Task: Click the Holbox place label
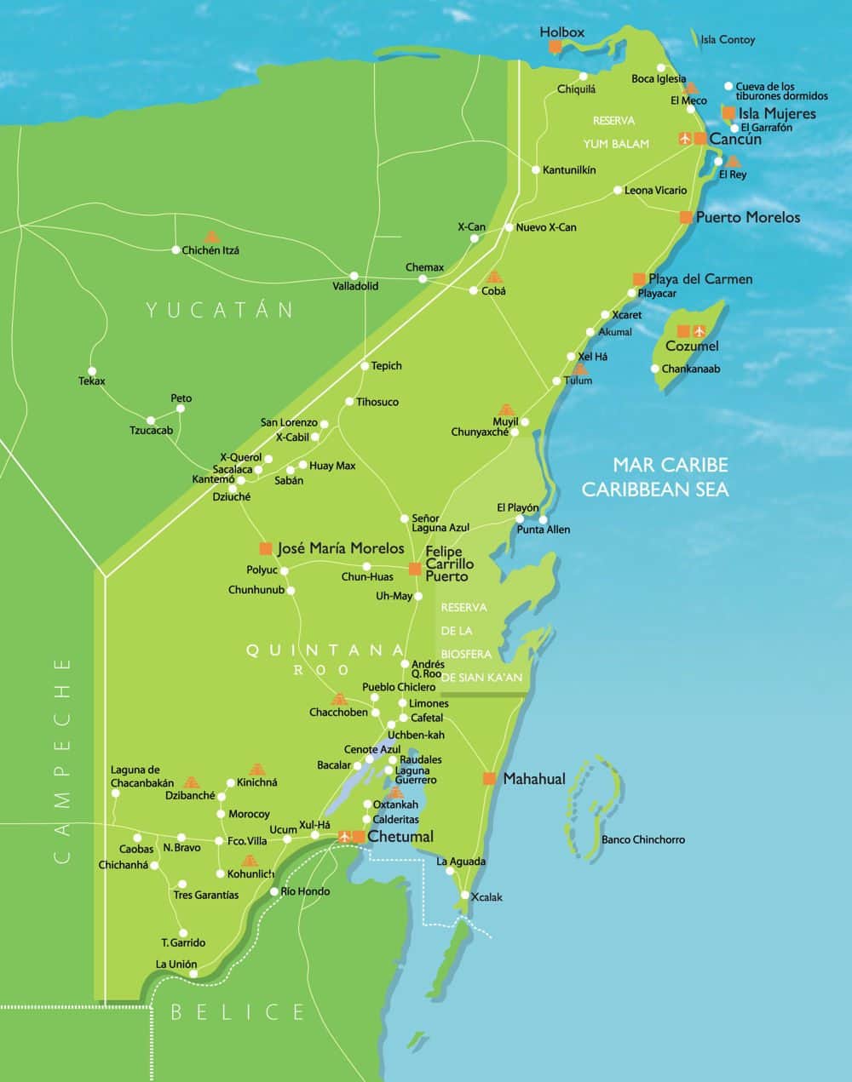[x=562, y=32]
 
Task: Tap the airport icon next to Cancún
[x=685, y=138]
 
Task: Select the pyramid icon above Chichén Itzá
[x=211, y=237]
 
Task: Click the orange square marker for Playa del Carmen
[x=639, y=279]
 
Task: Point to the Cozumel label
[x=692, y=346]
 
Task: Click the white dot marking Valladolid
[x=354, y=275]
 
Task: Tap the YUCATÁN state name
[x=220, y=309]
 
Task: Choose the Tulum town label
[x=578, y=381]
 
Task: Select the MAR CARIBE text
[x=671, y=465]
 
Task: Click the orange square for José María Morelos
[x=266, y=548]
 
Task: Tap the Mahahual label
[x=533, y=779]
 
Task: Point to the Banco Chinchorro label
[x=642, y=839]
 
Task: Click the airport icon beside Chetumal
[x=345, y=837]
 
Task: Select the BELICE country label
[x=238, y=1011]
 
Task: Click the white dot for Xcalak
[x=465, y=895]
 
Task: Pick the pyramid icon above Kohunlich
[x=249, y=861]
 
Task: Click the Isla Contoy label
[x=727, y=40]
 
